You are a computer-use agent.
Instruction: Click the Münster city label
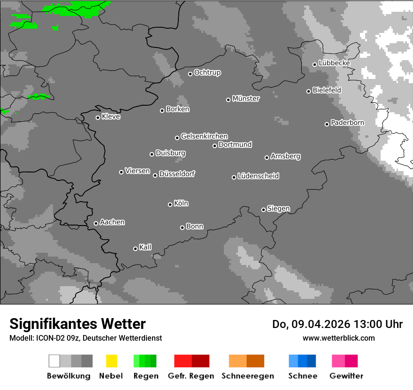246,99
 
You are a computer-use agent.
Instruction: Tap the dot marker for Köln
170,204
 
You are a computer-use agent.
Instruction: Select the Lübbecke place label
334,63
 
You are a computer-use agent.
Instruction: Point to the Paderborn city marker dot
327,124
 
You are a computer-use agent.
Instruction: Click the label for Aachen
112,222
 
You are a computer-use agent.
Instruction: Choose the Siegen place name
278,209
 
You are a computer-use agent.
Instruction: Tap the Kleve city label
111,117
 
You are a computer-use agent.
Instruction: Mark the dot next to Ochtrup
190,74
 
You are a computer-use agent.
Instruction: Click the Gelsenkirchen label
204,136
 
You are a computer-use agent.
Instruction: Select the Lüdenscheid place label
258,176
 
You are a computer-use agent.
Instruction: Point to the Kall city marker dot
135,249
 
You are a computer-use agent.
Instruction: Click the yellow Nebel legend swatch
111,361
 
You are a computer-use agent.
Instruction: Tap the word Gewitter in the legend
346,376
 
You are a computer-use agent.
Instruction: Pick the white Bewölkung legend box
54,361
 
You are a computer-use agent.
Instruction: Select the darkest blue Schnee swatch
312,361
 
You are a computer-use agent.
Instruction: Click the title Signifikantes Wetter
77,324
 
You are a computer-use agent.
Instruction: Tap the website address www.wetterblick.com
338,338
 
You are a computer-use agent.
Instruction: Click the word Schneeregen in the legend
248,376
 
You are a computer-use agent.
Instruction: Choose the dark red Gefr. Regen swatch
200,361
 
